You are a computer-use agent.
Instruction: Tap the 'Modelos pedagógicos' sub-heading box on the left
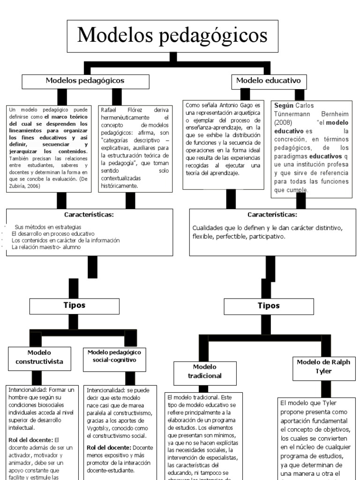pyautogui.click(x=85, y=81)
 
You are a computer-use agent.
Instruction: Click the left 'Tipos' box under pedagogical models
pyautogui.click(x=75, y=305)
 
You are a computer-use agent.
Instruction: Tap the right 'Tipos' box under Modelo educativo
pyautogui.click(x=269, y=306)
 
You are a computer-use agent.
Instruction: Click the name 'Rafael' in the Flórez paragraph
pyautogui.click(x=111, y=110)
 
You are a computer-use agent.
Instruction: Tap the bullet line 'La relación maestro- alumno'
pyautogui.click(x=46, y=247)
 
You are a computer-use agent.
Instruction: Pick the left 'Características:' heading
pyautogui.click(x=89, y=215)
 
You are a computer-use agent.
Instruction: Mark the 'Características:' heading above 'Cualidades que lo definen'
pyautogui.click(x=272, y=215)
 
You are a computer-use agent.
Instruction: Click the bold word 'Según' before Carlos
pyautogui.click(x=283, y=105)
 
